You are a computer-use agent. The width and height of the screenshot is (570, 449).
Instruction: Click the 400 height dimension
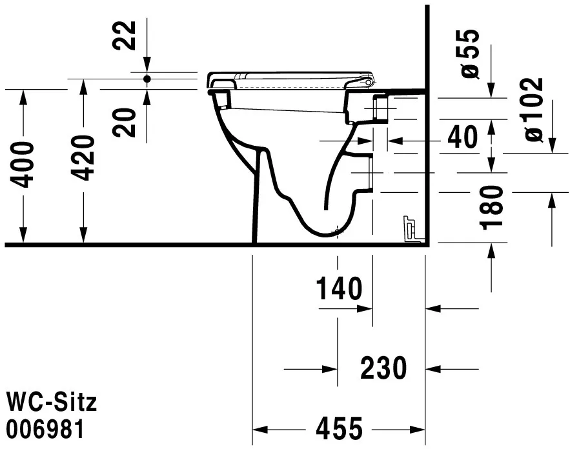click(x=24, y=164)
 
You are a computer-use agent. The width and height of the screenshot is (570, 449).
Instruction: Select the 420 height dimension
click(x=83, y=158)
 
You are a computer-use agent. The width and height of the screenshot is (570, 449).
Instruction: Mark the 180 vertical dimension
click(x=493, y=207)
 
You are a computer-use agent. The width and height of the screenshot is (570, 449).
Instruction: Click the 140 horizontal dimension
click(x=339, y=289)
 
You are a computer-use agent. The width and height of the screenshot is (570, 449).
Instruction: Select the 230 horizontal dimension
click(x=383, y=368)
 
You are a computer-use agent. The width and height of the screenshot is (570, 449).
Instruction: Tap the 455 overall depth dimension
click(x=339, y=428)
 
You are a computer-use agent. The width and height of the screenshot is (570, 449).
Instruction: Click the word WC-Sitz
click(x=51, y=403)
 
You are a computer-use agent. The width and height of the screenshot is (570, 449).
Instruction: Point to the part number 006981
click(x=45, y=429)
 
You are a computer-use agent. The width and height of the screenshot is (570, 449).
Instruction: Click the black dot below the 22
click(x=147, y=79)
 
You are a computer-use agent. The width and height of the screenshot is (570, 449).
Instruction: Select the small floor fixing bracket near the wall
click(x=411, y=229)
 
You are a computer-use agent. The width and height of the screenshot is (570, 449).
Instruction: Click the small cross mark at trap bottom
click(x=337, y=230)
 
